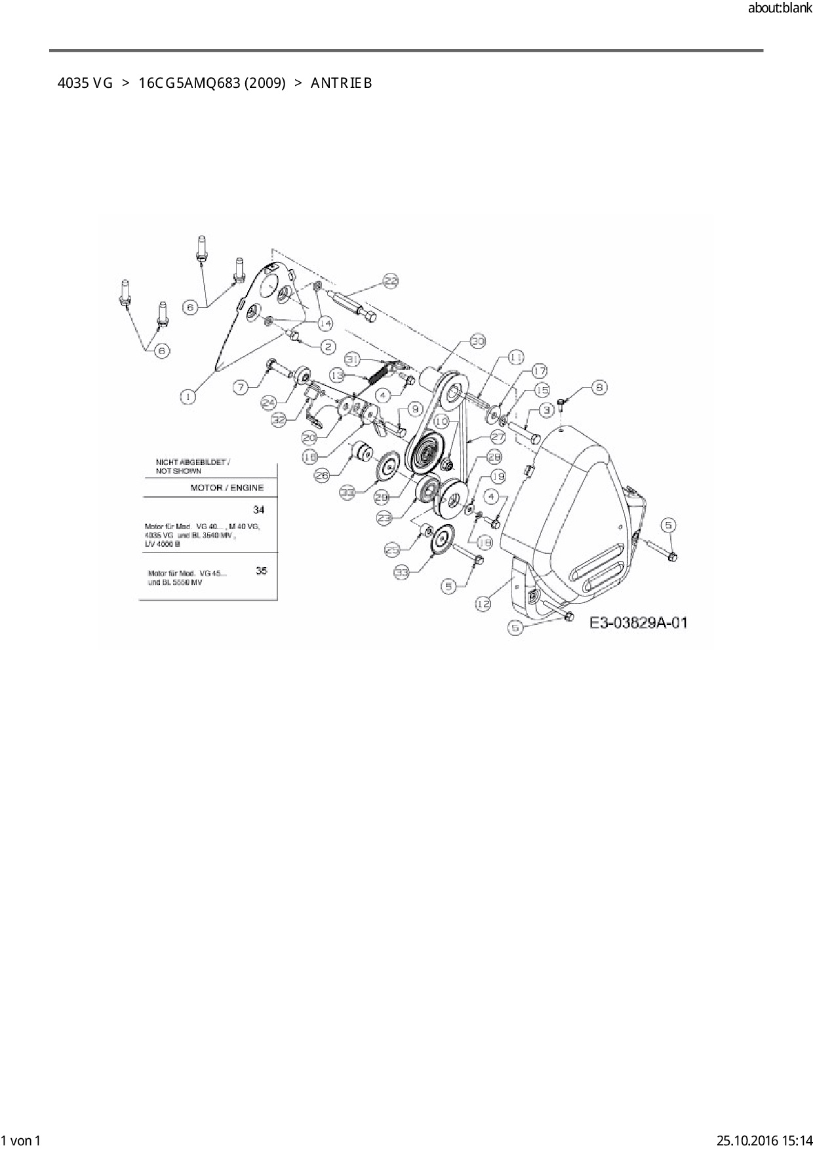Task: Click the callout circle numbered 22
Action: tap(390, 281)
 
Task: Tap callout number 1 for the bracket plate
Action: tap(188, 397)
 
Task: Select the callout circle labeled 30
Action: tap(478, 342)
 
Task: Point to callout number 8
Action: tap(599, 387)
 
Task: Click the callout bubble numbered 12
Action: tap(483, 604)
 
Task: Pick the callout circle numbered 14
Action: tap(325, 323)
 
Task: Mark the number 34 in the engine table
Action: tap(259, 509)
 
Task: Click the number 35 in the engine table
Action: tap(262, 570)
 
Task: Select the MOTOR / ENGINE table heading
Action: tap(227, 488)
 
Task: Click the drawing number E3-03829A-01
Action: tap(639, 622)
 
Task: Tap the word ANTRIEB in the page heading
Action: tap(342, 83)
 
